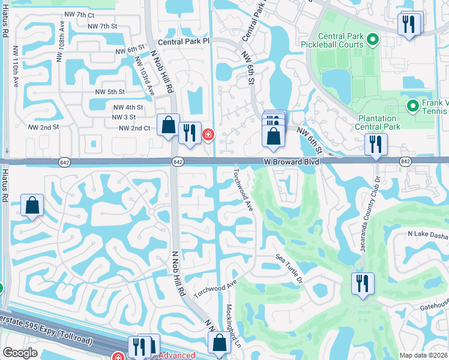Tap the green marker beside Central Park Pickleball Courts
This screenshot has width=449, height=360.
(x=372, y=40)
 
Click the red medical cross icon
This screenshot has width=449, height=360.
(x=208, y=134)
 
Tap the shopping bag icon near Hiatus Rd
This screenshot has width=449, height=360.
(x=32, y=205)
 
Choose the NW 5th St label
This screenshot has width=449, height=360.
(x=110, y=92)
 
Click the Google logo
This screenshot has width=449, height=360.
(x=20, y=353)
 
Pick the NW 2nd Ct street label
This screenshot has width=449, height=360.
(x=134, y=128)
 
